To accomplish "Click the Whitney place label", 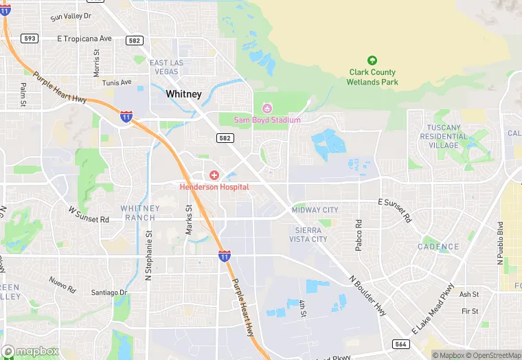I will [x=183, y=95].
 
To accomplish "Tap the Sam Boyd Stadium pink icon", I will [x=267, y=109].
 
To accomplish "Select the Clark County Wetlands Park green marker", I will [x=372, y=60].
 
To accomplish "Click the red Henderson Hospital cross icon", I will [x=214, y=176].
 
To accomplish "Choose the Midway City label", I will [x=315, y=210].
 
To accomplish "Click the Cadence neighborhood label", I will [x=438, y=247].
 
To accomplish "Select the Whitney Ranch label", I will [x=141, y=213].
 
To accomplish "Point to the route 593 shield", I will [x=29, y=38].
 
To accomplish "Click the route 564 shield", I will [x=400, y=344].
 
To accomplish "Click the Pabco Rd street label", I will [x=359, y=235].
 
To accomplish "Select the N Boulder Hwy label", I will [x=368, y=295].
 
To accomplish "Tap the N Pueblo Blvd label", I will [x=500, y=243].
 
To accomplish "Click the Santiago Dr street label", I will [x=109, y=293].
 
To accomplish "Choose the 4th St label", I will [x=302, y=308].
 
